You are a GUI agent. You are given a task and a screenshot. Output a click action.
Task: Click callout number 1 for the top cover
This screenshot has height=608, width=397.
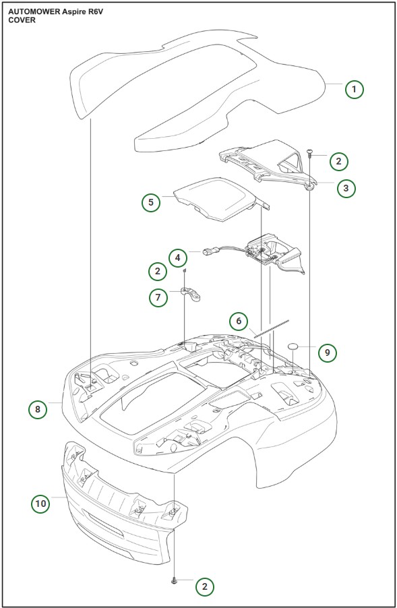point(354,88)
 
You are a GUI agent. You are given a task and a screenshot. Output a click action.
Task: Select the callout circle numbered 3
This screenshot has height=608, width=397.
point(346,188)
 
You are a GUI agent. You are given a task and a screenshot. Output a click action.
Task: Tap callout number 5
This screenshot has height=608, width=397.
point(151,202)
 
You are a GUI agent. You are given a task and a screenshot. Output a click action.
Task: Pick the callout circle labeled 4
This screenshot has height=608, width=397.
point(177,257)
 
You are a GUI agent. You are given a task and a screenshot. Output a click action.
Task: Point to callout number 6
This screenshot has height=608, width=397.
point(238,322)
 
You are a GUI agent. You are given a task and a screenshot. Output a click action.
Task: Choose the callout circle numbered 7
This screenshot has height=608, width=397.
point(158,297)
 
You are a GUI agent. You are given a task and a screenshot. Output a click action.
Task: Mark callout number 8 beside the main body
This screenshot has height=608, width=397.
point(38,408)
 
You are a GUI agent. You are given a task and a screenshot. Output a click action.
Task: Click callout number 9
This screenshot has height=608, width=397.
point(327,352)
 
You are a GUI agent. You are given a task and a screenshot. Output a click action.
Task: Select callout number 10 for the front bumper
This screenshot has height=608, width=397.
point(41,503)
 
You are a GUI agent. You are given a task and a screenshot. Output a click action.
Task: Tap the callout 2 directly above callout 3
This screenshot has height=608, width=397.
point(338,160)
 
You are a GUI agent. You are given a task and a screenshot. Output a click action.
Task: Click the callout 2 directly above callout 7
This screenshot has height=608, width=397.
point(158,271)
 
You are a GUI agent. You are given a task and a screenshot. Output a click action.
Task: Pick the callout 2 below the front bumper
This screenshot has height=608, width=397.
point(204,586)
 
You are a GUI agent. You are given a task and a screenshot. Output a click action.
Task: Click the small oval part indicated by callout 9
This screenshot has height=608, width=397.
point(294,346)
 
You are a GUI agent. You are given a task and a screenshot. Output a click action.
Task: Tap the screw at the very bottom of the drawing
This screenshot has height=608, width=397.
point(174,580)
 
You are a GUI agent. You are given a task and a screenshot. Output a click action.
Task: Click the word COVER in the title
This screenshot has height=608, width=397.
point(22,20)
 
